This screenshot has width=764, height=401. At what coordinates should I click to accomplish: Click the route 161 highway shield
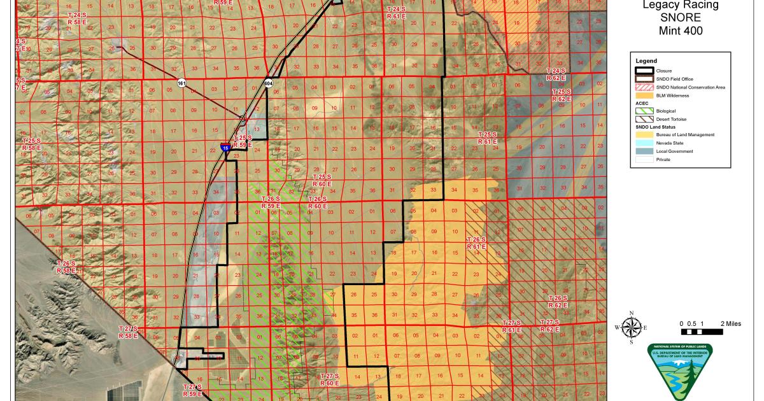pyautogui.click(x=182, y=83)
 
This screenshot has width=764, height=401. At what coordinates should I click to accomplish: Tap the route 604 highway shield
pyautogui.click(x=269, y=83)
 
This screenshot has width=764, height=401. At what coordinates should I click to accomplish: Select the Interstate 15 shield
pyautogui.click(x=226, y=147)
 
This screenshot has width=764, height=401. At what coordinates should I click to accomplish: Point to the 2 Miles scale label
pyautogui.click(x=731, y=324)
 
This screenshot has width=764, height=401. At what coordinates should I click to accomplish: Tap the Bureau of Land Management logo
pyautogui.click(x=679, y=372)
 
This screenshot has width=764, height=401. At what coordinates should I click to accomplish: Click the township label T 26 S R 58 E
pyautogui.click(x=66, y=267)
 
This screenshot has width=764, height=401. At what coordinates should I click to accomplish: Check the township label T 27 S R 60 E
pyautogui.click(x=329, y=379)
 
